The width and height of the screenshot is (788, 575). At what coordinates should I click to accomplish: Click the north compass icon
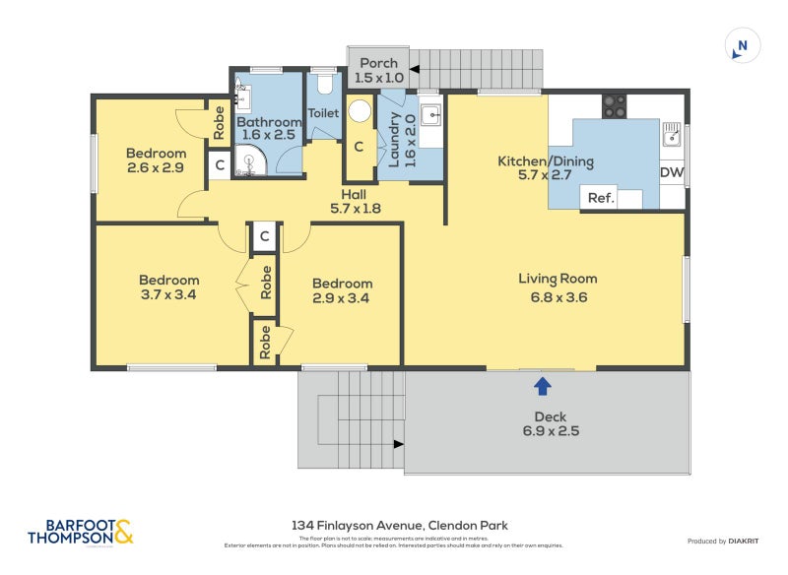coord(743,46)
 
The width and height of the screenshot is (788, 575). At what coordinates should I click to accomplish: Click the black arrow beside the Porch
coord(415,70)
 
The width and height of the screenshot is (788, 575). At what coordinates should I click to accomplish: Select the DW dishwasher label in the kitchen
coord(671,173)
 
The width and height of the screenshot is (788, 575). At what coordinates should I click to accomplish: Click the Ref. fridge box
coord(601,198)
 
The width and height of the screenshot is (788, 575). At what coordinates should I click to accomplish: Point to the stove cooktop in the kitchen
coord(615,105)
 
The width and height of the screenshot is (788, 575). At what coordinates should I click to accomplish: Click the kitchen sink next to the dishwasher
coord(672,134)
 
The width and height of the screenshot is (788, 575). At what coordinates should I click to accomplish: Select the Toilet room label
coord(323,113)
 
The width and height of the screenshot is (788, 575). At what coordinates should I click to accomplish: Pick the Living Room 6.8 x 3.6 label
coord(558,287)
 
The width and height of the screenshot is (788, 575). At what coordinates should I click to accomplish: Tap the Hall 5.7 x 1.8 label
coord(355,201)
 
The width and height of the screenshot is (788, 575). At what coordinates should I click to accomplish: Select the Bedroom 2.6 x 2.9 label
coord(156,160)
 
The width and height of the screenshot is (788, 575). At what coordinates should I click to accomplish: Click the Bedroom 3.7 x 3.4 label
coord(168,287)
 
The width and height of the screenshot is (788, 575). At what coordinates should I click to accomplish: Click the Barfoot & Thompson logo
coord(81,532)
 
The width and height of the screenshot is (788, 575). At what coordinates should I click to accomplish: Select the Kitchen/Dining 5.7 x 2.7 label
coord(545,168)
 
